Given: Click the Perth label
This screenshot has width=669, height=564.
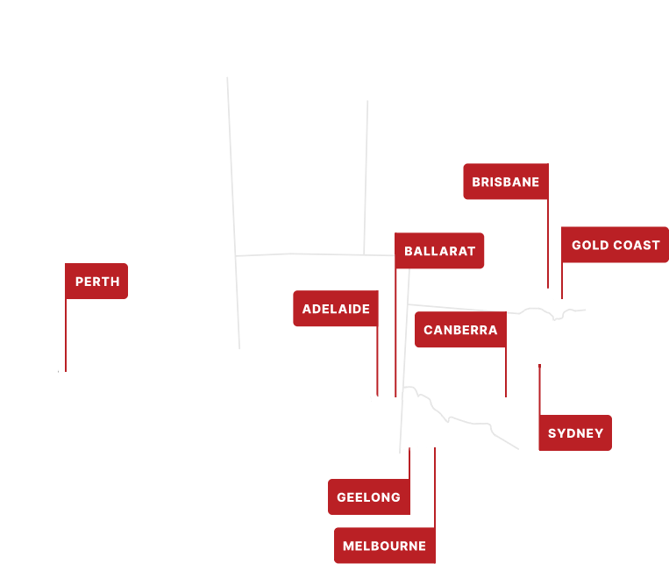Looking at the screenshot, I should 96,282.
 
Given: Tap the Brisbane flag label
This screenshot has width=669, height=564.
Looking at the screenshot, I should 505,182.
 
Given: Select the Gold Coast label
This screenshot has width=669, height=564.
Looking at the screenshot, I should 616,245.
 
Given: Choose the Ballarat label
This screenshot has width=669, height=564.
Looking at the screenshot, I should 439,251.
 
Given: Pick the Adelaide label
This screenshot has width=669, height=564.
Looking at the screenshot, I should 336,309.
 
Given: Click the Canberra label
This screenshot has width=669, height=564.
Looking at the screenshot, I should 460,330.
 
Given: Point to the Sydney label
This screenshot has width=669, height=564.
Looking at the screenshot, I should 575,433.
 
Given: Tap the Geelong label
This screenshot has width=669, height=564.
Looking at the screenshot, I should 368,497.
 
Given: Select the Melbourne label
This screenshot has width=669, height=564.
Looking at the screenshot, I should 384,546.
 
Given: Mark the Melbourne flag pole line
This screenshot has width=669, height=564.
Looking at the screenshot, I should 435,491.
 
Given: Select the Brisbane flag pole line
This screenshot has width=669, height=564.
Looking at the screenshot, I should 548,246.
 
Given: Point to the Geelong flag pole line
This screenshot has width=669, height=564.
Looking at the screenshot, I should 409,464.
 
